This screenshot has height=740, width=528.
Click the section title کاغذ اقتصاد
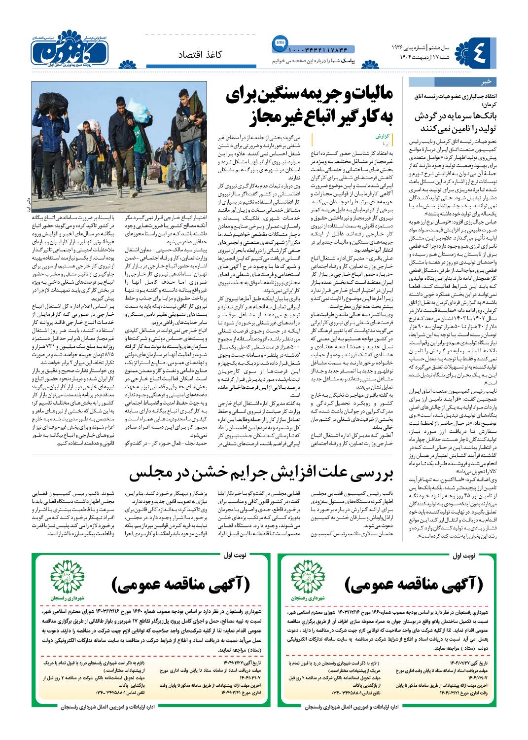pyautogui.click(x=200, y=55)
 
